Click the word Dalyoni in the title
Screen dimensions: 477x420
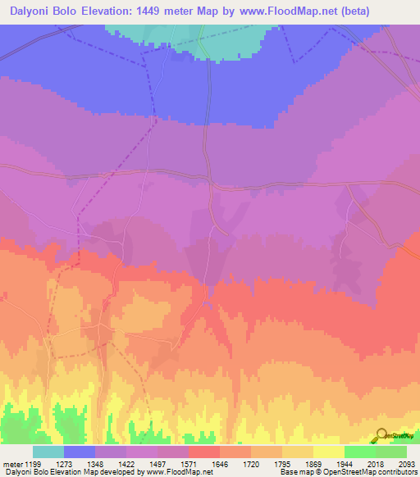(33, 11)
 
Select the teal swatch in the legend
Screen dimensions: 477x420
(48, 452)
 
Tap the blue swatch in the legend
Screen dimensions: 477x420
(79, 452)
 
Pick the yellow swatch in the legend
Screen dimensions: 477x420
(328, 452)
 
